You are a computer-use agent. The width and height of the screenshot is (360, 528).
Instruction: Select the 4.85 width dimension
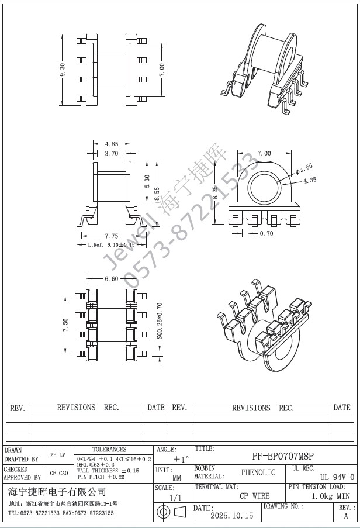tap(112, 143)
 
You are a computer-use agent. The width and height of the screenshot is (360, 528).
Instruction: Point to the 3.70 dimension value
tap(112, 153)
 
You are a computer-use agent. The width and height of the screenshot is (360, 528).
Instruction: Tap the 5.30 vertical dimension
tap(147, 181)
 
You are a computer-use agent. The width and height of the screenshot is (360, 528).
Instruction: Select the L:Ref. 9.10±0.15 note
tap(111, 245)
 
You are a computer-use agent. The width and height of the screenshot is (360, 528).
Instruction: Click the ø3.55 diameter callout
tap(305, 170)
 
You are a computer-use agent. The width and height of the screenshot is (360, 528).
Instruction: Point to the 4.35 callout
tap(309, 181)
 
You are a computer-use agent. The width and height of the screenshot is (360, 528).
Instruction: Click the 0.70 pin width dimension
tap(266, 234)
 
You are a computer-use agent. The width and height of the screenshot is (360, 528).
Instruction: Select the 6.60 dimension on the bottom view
tap(112, 279)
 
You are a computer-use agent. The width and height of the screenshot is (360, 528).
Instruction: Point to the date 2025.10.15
tap(231, 516)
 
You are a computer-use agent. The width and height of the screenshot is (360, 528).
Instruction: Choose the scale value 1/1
tap(174, 498)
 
